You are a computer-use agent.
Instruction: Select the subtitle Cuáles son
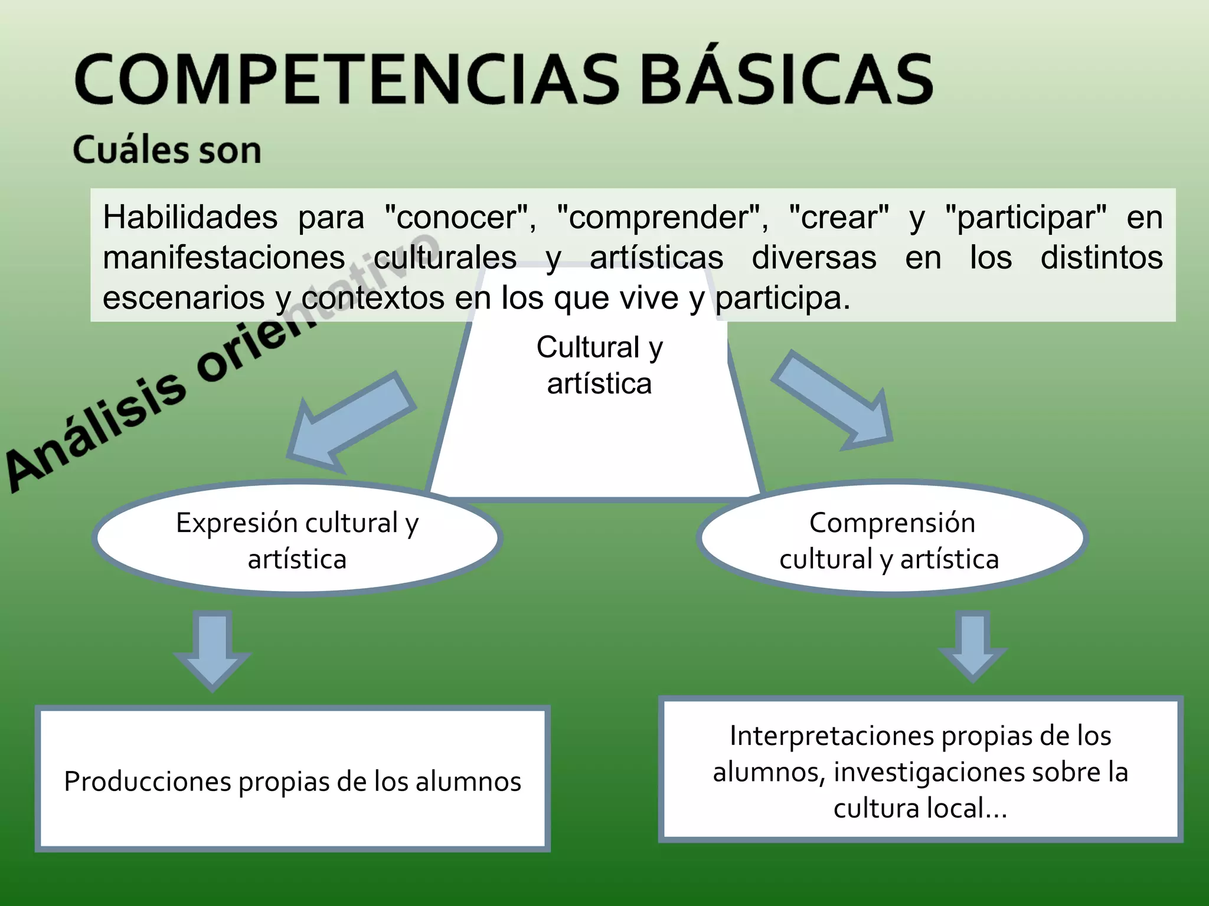click(x=167, y=150)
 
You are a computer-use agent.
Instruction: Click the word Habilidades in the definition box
click(x=190, y=217)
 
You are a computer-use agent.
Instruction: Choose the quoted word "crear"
click(x=839, y=217)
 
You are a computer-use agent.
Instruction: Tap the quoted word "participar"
click(x=1026, y=217)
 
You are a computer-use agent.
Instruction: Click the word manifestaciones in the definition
click(x=224, y=258)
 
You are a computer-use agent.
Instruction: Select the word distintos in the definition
click(x=1102, y=258)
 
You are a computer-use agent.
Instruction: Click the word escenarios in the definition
click(x=184, y=298)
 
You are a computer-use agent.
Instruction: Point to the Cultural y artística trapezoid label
click(x=599, y=365)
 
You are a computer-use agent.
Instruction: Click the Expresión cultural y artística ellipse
click(x=297, y=540)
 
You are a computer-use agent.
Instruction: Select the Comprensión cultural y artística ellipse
click(x=891, y=540)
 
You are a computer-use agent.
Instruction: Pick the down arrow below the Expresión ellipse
click(x=213, y=649)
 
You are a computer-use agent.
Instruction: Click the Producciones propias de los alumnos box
click(x=293, y=780)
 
